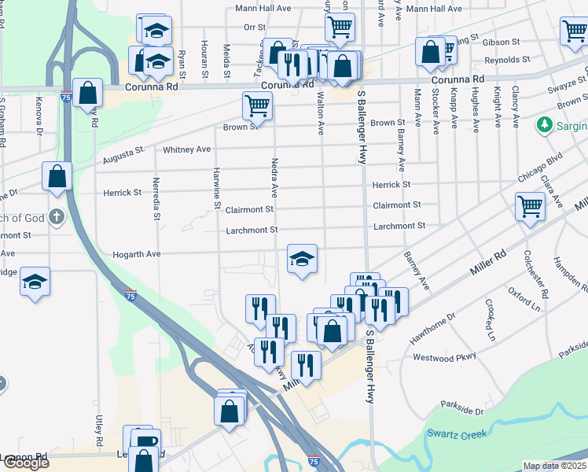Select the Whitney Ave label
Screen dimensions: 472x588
pyautogui.click(x=186, y=149)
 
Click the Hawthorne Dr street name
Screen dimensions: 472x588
pyautogui.click(x=428, y=328)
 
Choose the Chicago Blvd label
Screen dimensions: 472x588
pyautogui.click(x=542, y=167)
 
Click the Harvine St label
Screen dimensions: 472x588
pyautogui.click(x=217, y=189)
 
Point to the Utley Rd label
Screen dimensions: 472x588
pyautogui.click(x=99, y=426)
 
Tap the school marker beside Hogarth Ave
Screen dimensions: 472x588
pyautogui.click(x=301, y=259)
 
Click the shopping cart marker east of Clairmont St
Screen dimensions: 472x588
pyautogui.click(x=530, y=207)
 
